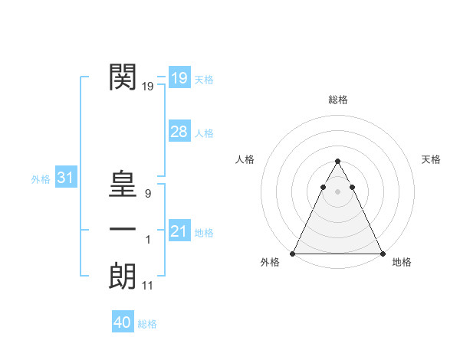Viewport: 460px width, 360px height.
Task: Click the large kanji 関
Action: coord(123,77)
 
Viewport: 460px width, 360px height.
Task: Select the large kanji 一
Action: coord(123,230)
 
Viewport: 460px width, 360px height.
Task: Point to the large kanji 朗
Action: coord(123,276)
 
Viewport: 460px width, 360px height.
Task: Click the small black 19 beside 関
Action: coord(148,87)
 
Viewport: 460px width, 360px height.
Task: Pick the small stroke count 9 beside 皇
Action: coord(148,195)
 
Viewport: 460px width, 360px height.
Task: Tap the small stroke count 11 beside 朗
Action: coord(148,286)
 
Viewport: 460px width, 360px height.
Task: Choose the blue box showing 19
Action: coord(179,78)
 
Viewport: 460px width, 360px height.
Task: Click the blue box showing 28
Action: coord(179,132)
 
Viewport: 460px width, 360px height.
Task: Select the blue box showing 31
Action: coord(65,178)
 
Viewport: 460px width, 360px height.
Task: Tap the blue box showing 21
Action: coord(179,231)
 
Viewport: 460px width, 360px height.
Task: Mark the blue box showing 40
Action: coord(122,322)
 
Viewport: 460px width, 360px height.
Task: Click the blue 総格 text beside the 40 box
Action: coord(147,324)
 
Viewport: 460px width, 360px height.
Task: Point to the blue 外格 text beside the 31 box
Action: coord(41,179)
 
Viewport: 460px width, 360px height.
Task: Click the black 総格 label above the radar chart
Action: coord(337,100)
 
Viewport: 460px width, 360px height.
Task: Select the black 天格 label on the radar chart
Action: coord(431,159)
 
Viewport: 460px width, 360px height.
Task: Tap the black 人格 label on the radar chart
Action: coord(245,159)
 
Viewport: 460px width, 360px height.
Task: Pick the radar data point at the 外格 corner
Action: coord(293,254)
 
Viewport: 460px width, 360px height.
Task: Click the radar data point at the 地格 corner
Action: coord(382,254)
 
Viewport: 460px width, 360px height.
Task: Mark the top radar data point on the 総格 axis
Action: coord(337,162)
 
